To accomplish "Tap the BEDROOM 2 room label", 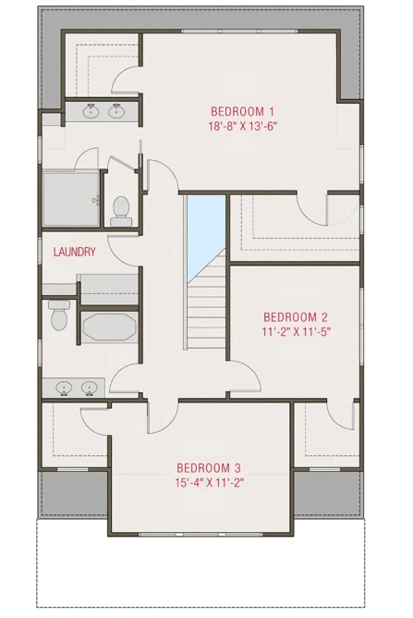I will tap(295, 315).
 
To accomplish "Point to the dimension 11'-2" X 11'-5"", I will tap(295, 330).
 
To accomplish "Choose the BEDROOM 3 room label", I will tap(209, 466).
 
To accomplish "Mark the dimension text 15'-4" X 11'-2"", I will tap(209, 481).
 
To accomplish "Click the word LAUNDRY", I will tap(75, 252).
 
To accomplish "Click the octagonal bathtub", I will tap(109, 327).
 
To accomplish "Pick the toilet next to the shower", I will tap(120, 209).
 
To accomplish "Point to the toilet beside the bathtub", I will tap(59, 315).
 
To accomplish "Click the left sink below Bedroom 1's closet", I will tap(91, 113).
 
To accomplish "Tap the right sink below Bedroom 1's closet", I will tap(117, 113).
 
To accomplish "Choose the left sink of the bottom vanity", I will tap(65, 387).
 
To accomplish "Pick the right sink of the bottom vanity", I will tap(91, 387).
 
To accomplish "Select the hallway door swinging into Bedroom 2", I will tap(242, 379).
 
